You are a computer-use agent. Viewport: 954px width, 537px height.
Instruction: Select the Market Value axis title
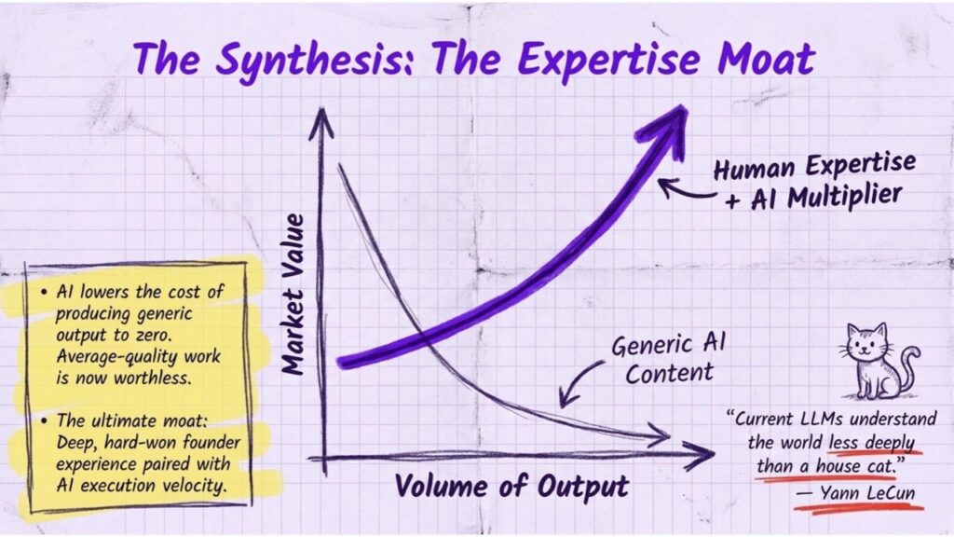tap(294, 293)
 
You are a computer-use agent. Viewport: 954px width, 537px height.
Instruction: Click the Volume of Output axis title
tap(511, 487)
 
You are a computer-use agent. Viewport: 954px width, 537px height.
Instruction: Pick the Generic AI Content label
tap(669, 359)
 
